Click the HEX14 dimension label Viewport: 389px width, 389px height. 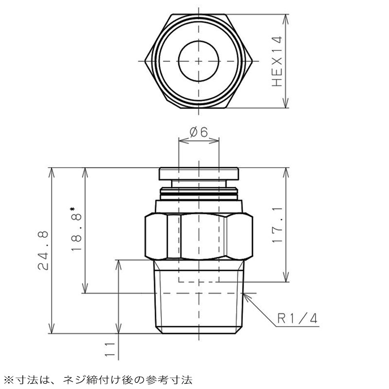click(277, 62)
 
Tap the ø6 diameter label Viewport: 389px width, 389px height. click(198, 132)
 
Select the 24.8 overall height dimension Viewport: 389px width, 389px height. click(43, 250)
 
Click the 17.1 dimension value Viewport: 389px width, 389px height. click(277, 225)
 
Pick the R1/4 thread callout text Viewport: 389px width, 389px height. click(297, 318)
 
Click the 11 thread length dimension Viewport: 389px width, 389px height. click(110, 350)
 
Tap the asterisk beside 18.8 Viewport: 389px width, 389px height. click(73, 210)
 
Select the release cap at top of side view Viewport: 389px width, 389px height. click(199, 174)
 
